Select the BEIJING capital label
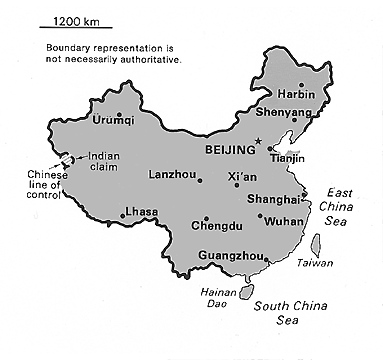230,148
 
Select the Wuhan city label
278,219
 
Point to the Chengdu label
215,227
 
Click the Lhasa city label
137,213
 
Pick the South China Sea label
289,313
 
